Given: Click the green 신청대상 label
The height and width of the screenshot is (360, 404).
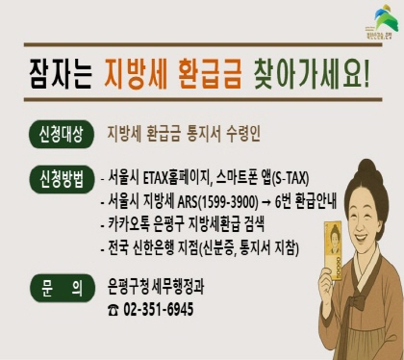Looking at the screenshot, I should pyautogui.click(x=63, y=132).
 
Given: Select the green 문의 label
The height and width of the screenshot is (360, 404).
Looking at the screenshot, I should pyautogui.click(x=63, y=286).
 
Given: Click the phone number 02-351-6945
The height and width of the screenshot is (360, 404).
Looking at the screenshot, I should pyautogui.click(x=154, y=309).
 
